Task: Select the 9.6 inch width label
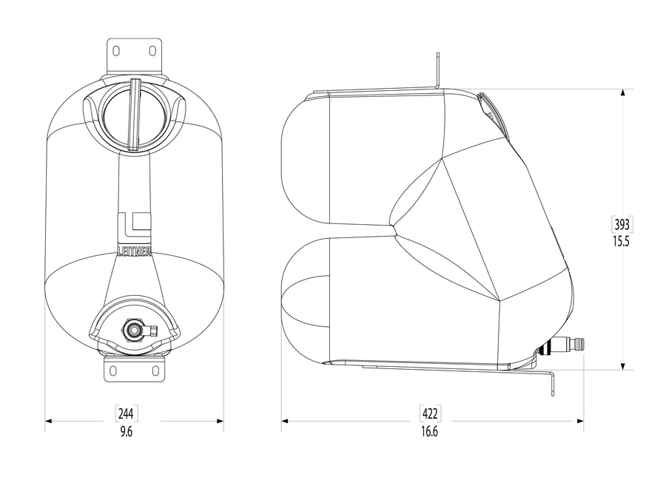pyautogui.click(x=127, y=432)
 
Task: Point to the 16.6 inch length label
pyautogui.click(x=430, y=432)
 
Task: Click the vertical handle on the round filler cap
pyautogui.click(x=134, y=112)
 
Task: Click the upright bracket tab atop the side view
pyautogui.click(x=438, y=71)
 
